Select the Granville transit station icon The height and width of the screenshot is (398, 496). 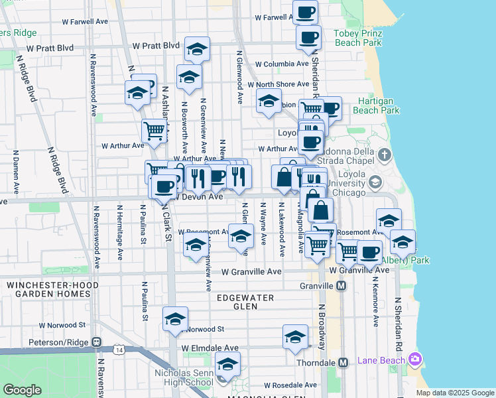pos(341,286)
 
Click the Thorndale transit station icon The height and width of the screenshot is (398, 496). pos(343,363)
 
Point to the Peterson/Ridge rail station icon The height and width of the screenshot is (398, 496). pos(97,342)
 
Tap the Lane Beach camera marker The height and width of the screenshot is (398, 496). pos(415,360)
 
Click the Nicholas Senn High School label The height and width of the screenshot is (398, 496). pos(184,377)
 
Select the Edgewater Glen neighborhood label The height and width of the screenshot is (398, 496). pos(245,302)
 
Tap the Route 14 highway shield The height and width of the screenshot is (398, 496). pos(118,349)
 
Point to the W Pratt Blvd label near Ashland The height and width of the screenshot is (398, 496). pos(156,46)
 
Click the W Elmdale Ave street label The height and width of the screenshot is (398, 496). pos(210,348)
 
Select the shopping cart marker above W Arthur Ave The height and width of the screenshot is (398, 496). pos(154,131)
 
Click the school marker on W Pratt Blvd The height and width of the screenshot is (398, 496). pos(197,49)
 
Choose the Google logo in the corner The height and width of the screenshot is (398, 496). pos(22,390)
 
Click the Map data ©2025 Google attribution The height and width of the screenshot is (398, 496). pos(455,393)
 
